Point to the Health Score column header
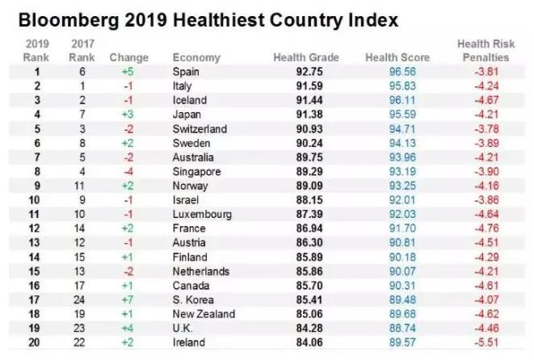(397, 58)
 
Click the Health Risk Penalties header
(483, 51)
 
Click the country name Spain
(187, 73)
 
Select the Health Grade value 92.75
(310, 73)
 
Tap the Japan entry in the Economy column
(187, 115)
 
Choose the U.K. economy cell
(183, 328)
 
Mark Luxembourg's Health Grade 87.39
(310, 215)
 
